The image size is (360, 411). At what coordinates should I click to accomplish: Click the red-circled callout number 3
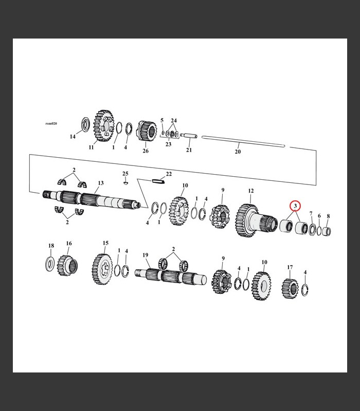tap(295, 206)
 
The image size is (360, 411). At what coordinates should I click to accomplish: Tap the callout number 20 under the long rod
tap(238, 152)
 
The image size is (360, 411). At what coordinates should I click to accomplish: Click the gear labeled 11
tap(104, 126)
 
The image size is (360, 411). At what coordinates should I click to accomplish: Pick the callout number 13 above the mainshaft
tap(101, 183)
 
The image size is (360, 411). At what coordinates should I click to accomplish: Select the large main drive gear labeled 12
tap(256, 221)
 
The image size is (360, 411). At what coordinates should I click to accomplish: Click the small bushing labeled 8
tap(327, 231)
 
